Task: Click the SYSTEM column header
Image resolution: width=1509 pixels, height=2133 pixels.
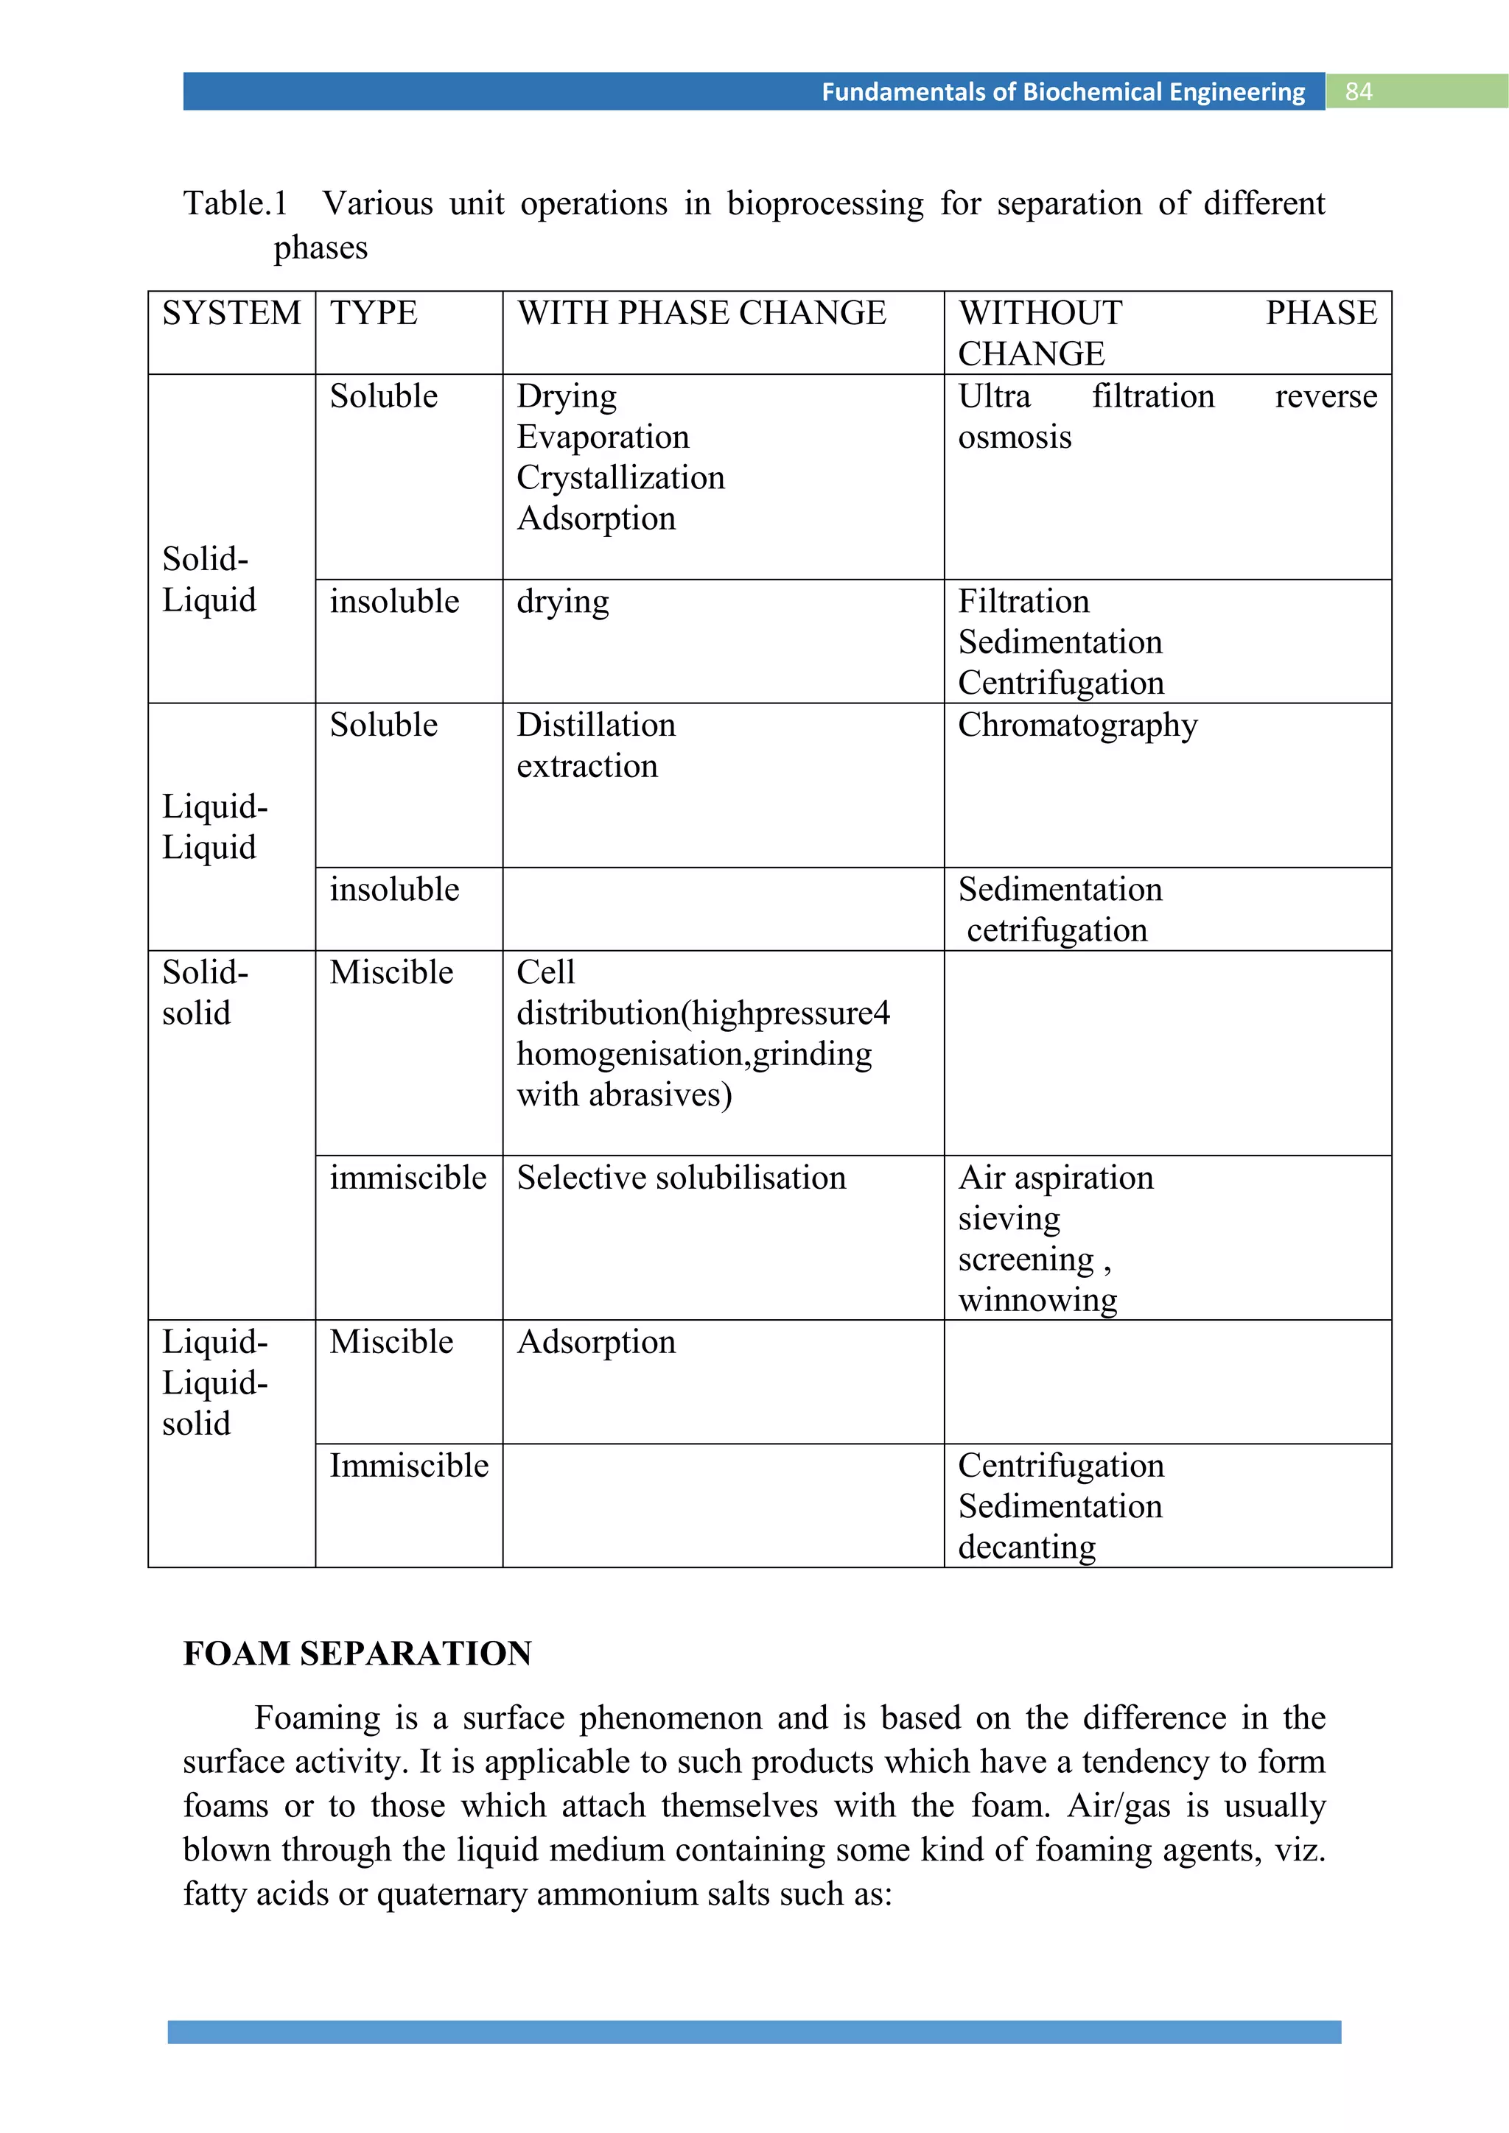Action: click(x=231, y=313)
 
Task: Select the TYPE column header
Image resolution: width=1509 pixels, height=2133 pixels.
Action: click(x=374, y=313)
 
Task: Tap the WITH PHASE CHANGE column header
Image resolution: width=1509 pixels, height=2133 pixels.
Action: click(x=701, y=313)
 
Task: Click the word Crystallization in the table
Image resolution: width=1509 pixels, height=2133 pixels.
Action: click(x=620, y=477)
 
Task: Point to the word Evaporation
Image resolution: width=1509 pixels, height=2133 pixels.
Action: click(x=603, y=437)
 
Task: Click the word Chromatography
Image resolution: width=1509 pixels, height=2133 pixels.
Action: click(x=1078, y=725)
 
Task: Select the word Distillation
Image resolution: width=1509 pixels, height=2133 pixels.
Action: click(x=595, y=725)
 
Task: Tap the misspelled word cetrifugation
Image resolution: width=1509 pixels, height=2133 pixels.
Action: click(x=1057, y=931)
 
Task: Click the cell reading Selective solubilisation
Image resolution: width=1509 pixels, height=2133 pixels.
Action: click(x=681, y=1178)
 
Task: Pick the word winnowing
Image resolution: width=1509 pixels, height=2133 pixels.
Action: click(x=1037, y=1300)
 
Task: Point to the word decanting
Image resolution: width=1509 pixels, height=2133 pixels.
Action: click(x=1026, y=1547)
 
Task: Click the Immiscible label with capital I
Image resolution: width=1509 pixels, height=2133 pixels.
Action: click(x=409, y=1466)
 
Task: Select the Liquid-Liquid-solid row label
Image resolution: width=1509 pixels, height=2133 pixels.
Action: click(x=214, y=1382)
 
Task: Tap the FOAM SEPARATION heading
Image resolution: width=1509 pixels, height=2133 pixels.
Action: click(x=357, y=1654)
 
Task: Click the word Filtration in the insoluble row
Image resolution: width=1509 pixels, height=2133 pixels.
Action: click(x=1023, y=602)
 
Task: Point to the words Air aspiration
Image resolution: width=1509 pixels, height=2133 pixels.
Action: click(x=1056, y=1178)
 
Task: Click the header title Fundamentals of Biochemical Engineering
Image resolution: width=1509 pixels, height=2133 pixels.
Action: click(x=1063, y=91)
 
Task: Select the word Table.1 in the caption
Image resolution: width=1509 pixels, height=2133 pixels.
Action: click(x=235, y=203)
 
